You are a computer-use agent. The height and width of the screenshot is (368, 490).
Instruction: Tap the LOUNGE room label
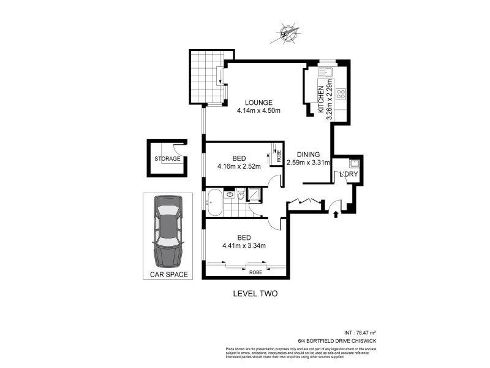(x=258, y=102)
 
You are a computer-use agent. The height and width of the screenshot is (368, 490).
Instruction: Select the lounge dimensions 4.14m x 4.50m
(x=258, y=111)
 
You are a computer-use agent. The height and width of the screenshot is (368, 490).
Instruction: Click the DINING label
(x=309, y=155)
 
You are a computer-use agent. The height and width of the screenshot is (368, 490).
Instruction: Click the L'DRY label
(x=349, y=175)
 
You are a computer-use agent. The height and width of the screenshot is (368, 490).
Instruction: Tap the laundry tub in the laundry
(x=355, y=164)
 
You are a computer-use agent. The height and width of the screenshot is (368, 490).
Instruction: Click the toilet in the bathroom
(x=241, y=196)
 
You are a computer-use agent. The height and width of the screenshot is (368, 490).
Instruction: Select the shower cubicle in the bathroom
(x=254, y=194)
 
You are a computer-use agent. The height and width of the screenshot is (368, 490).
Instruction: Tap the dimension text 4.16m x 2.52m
(x=239, y=166)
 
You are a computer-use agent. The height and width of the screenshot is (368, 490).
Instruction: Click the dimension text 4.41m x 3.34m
(x=244, y=247)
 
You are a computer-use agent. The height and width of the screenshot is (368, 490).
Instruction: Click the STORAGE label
(x=167, y=159)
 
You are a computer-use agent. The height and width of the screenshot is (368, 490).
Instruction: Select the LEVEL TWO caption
(x=255, y=294)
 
